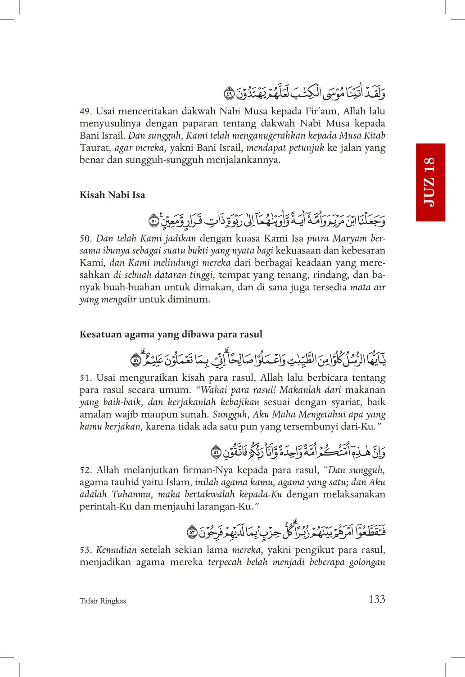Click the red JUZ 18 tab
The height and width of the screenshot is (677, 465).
click(x=430, y=182)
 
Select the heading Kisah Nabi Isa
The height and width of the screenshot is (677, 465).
click(x=112, y=195)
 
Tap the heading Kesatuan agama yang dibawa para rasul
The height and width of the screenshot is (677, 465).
click(x=171, y=334)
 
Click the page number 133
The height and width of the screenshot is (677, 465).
click(x=377, y=599)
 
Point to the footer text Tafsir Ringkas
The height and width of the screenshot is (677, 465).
click(x=103, y=601)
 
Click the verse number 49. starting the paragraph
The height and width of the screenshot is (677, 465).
click(x=86, y=111)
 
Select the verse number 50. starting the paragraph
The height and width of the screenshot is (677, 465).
click(x=86, y=239)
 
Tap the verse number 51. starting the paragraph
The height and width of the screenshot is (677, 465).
click(x=86, y=378)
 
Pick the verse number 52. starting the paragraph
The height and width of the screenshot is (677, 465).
click(x=86, y=470)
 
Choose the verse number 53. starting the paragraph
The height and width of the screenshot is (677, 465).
click(x=86, y=550)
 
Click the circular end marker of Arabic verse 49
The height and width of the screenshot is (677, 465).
click(x=229, y=94)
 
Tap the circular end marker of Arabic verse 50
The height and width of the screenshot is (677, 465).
click(x=154, y=221)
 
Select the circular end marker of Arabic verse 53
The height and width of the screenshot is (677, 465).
click(x=192, y=533)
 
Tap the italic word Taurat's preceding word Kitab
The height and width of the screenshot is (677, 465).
click(x=375, y=135)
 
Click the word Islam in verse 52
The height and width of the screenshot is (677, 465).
click(x=178, y=483)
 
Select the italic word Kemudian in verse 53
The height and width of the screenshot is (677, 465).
click(x=116, y=550)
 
